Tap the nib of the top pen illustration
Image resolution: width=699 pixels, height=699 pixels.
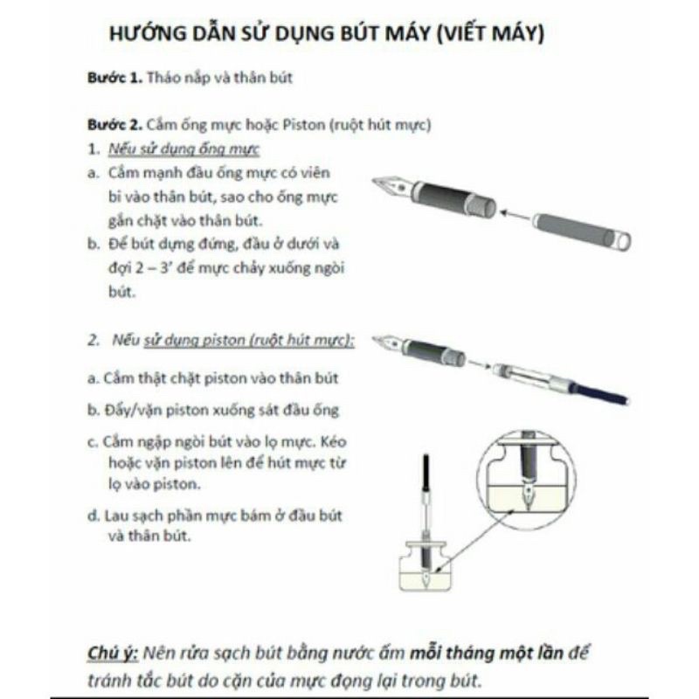(x=389, y=186)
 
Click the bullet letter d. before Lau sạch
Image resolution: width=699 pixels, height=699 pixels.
(x=93, y=516)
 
